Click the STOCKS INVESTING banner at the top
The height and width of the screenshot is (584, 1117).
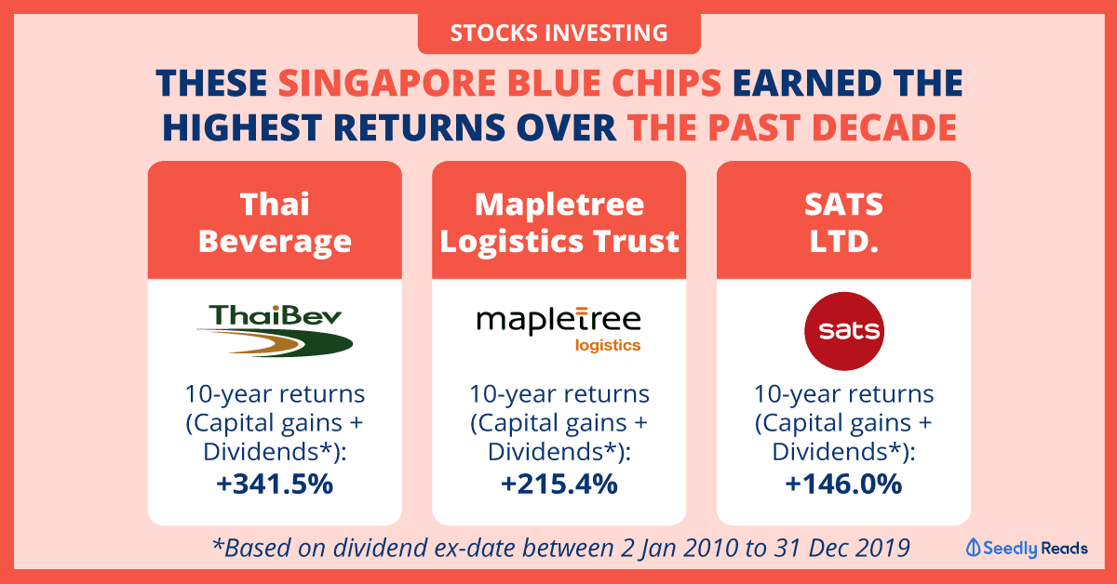click(x=559, y=33)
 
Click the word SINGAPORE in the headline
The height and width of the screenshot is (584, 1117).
click(x=387, y=83)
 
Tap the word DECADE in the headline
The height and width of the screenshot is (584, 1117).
click(x=884, y=127)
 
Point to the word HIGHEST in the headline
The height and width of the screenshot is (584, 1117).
click(x=242, y=127)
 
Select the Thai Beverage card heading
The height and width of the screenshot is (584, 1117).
click(x=275, y=222)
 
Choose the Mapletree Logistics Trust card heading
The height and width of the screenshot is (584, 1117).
click(x=559, y=222)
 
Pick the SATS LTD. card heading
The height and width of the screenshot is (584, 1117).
click(x=843, y=222)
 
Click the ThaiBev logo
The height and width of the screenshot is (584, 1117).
click(x=275, y=330)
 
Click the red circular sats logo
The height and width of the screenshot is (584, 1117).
click(x=844, y=331)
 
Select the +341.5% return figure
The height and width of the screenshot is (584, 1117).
click(x=275, y=484)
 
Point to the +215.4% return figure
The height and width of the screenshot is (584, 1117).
click(x=559, y=484)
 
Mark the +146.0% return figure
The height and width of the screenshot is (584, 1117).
click(x=843, y=484)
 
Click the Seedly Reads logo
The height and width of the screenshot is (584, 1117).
click(x=1027, y=548)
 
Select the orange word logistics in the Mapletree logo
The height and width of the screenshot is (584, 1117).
click(x=607, y=345)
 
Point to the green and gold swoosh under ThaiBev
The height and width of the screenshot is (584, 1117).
click(x=275, y=342)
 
